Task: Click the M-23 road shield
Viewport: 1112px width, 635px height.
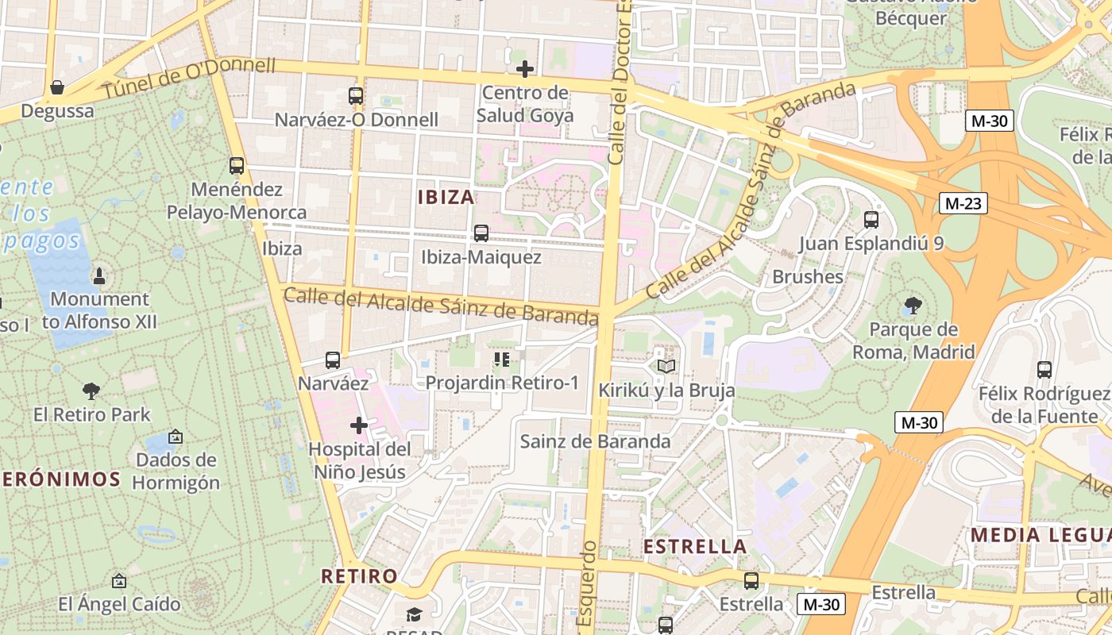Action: [963, 203]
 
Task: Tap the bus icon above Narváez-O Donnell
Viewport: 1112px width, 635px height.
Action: [356, 96]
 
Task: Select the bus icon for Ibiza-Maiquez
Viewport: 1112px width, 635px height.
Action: [481, 233]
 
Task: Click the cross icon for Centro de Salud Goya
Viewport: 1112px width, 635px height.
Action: [524, 69]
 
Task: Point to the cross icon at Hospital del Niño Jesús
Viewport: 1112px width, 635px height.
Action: [359, 425]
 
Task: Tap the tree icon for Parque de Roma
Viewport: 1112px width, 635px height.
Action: [913, 305]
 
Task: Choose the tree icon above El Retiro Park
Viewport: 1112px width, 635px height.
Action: [91, 391]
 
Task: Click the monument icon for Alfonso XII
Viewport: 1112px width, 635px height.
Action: [99, 276]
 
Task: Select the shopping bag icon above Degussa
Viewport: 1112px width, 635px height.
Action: [57, 87]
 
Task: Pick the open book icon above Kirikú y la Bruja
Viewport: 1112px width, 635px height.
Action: [666, 366]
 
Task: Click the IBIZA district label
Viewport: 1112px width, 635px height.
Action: [446, 197]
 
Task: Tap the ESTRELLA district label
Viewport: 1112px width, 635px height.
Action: [695, 546]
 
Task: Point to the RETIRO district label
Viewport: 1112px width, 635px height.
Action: [359, 575]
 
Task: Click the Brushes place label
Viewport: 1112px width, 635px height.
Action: [808, 276]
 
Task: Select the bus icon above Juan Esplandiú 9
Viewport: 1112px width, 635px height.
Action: [871, 219]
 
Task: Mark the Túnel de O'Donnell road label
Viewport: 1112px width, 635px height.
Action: [189, 79]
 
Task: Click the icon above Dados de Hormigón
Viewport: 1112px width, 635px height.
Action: [175, 437]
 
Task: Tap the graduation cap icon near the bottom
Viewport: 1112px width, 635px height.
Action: [414, 614]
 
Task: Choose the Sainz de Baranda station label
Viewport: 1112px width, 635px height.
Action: [595, 441]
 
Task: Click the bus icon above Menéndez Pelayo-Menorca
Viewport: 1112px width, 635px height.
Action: [237, 166]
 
